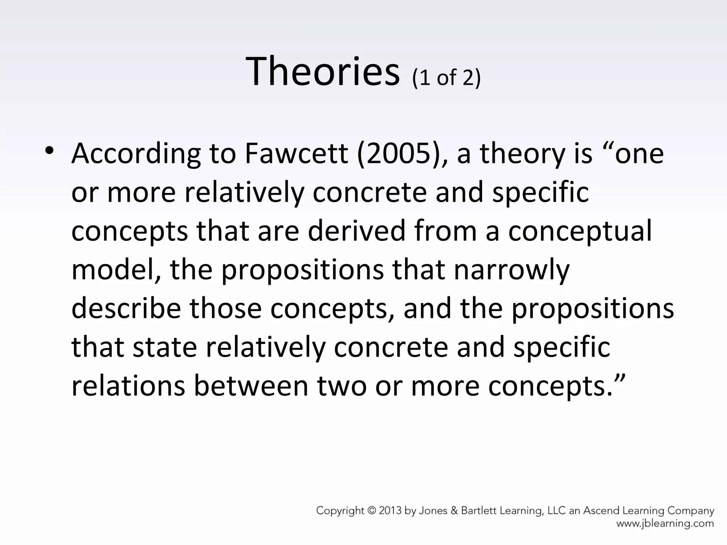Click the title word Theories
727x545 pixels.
[322, 72]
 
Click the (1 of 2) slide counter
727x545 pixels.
[446, 77]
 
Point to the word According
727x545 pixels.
[136, 154]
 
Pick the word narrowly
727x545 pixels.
[512, 270]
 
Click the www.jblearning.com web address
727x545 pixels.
[665, 523]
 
